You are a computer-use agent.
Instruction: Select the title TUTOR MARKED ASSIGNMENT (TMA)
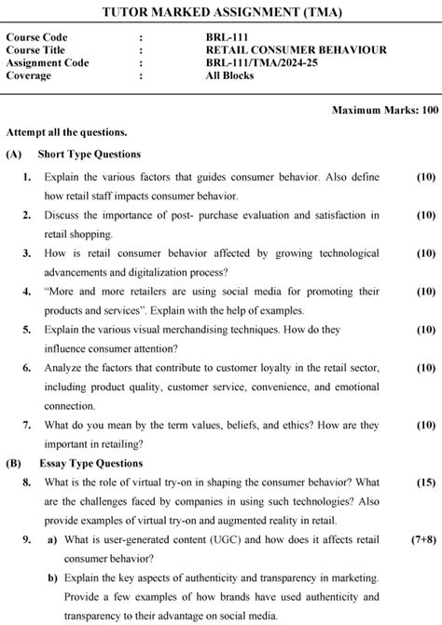(x=221, y=12)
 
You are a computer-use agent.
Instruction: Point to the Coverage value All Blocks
(x=229, y=76)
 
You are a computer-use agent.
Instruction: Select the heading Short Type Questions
(x=90, y=154)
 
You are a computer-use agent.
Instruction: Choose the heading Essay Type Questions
(x=91, y=463)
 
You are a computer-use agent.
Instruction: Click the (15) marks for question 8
(x=425, y=482)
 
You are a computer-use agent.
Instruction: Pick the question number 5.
(x=27, y=330)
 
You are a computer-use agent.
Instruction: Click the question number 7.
(x=27, y=425)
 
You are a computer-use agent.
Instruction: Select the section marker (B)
(x=13, y=463)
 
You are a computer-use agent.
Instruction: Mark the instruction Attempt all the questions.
(x=66, y=132)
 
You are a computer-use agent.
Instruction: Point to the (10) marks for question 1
(x=425, y=176)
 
